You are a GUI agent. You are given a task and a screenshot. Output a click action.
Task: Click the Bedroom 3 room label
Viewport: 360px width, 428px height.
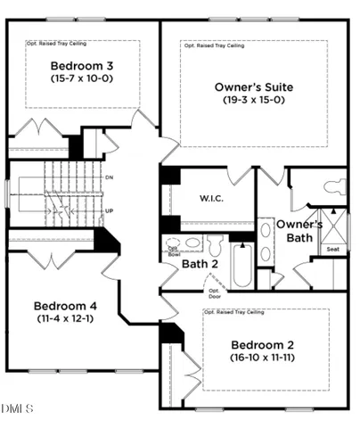click(x=81, y=66)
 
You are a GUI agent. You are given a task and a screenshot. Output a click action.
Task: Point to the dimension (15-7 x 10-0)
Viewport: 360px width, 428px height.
click(x=81, y=78)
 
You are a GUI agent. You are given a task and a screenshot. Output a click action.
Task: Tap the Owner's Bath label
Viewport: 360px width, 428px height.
click(x=299, y=230)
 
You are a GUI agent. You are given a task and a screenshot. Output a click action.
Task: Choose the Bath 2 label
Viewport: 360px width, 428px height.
click(x=201, y=264)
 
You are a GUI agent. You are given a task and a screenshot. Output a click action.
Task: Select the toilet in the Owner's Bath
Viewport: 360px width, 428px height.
click(x=334, y=186)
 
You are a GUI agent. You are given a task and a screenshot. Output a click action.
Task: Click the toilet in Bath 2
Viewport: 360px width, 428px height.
click(x=215, y=243)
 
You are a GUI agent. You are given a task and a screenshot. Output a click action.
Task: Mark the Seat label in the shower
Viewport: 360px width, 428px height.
click(x=332, y=249)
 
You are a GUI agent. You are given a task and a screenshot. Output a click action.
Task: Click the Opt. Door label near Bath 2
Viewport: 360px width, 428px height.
click(x=214, y=292)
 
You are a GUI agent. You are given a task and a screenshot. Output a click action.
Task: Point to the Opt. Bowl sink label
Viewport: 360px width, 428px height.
click(x=173, y=252)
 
